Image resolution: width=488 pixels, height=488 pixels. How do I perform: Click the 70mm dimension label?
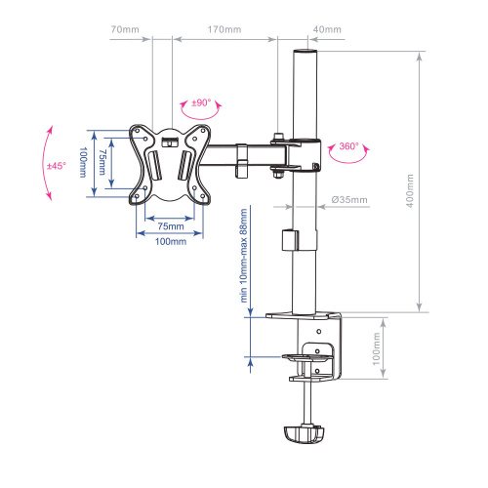tap(125, 29)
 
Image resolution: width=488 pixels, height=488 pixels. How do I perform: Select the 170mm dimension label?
tap(224, 29)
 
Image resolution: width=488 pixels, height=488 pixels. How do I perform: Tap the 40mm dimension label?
tap(327, 29)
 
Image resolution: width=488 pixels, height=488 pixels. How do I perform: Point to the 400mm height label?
tap(410, 191)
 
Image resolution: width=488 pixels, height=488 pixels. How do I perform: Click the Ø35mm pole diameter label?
tap(349, 199)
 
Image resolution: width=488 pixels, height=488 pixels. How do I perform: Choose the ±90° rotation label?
tap(201, 102)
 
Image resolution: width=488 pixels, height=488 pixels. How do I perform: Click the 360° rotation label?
tap(348, 146)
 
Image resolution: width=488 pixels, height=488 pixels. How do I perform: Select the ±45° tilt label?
tap(57, 166)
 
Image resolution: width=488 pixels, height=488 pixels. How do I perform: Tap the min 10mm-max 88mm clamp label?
tap(243, 256)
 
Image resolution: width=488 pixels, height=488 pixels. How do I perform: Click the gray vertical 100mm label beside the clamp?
tap(376, 348)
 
